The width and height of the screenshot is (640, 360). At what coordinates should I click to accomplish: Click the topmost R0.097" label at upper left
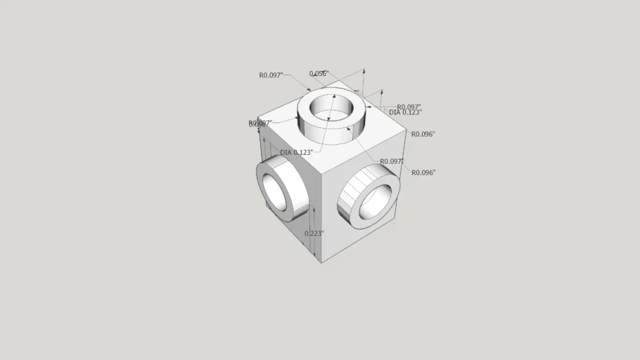(271, 75)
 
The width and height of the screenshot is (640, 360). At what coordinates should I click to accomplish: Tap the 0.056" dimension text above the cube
(319, 73)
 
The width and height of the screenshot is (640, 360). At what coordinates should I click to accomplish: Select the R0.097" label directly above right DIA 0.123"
(409, 107)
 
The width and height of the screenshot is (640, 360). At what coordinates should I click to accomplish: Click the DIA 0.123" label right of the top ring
(405, 112)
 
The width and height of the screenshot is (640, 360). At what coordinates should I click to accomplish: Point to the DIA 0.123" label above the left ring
(296, 153)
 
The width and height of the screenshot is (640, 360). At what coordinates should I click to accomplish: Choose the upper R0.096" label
(423, 134)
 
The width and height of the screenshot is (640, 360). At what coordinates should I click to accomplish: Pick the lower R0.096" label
(423, 172)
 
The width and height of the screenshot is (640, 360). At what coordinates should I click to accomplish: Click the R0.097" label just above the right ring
(392, 162)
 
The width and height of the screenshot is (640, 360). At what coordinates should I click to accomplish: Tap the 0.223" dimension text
(314, 233)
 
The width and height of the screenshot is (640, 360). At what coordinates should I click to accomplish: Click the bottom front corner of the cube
(321, 263)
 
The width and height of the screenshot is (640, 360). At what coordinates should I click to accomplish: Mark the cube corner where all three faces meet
(321, 172)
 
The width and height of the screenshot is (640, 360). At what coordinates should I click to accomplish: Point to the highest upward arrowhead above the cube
(364, 70)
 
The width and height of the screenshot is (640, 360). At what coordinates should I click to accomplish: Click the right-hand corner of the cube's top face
(407, 131)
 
